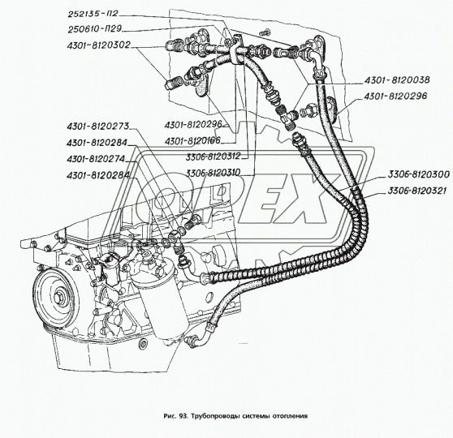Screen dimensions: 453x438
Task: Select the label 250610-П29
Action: [x=94, y=29]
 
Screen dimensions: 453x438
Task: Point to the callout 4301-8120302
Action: [x=98, y=45]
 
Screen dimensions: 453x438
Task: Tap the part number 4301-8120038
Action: [x=397, y=80]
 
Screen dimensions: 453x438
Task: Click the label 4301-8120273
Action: [x=97, y=127]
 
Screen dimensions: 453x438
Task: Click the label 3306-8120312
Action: [x=214, y=157]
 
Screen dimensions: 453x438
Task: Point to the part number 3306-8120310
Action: [x=214, y=173]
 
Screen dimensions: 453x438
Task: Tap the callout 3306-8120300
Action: [x=418, y=174]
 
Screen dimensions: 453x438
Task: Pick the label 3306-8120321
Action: [x=416, y=191]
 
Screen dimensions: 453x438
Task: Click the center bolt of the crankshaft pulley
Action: [x=58, y=297]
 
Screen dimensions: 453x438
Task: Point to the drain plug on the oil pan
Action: [x=142, y=344]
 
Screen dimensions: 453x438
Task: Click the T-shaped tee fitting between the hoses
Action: [x=287, y=118]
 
